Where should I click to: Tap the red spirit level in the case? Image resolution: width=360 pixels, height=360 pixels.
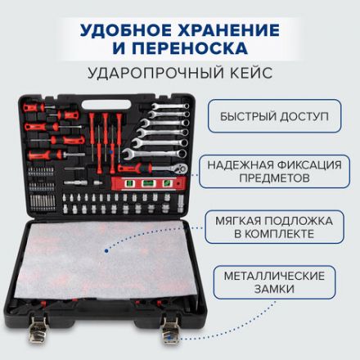click(147, 182)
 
